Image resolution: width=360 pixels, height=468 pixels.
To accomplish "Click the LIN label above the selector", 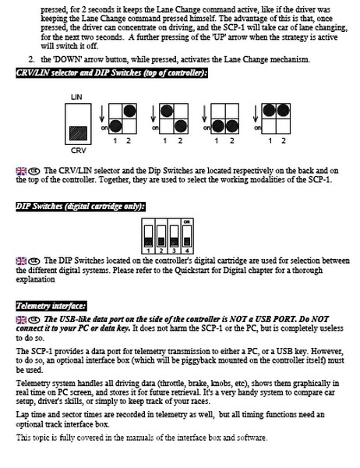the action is pos(76,97).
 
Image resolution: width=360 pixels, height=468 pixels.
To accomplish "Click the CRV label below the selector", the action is pos(78,151).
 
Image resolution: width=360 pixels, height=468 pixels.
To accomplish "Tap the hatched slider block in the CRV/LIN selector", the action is pos(78,133).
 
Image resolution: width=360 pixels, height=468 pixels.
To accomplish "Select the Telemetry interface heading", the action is pos(51,306).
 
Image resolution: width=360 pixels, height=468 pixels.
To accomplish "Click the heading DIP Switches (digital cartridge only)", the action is pos(80,206).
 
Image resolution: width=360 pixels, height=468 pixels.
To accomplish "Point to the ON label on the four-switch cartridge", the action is pos(187,222).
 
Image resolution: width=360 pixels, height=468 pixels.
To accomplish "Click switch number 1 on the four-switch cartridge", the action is pos(148,236).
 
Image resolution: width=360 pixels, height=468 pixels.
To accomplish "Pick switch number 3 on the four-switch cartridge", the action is pos(175,236).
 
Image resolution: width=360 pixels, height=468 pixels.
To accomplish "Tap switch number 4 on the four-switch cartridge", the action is pos(187,236).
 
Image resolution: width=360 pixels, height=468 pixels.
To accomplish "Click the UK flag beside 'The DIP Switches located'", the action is pos(21,261).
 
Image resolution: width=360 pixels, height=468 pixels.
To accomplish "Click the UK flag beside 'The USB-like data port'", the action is pos(21,320).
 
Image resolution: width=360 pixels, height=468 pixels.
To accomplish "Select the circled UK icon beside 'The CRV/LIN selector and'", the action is pos(34,171).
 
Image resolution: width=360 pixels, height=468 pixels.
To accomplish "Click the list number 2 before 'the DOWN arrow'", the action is pos(32,59).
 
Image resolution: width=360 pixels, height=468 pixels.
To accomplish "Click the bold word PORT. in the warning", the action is pos(285,319).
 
